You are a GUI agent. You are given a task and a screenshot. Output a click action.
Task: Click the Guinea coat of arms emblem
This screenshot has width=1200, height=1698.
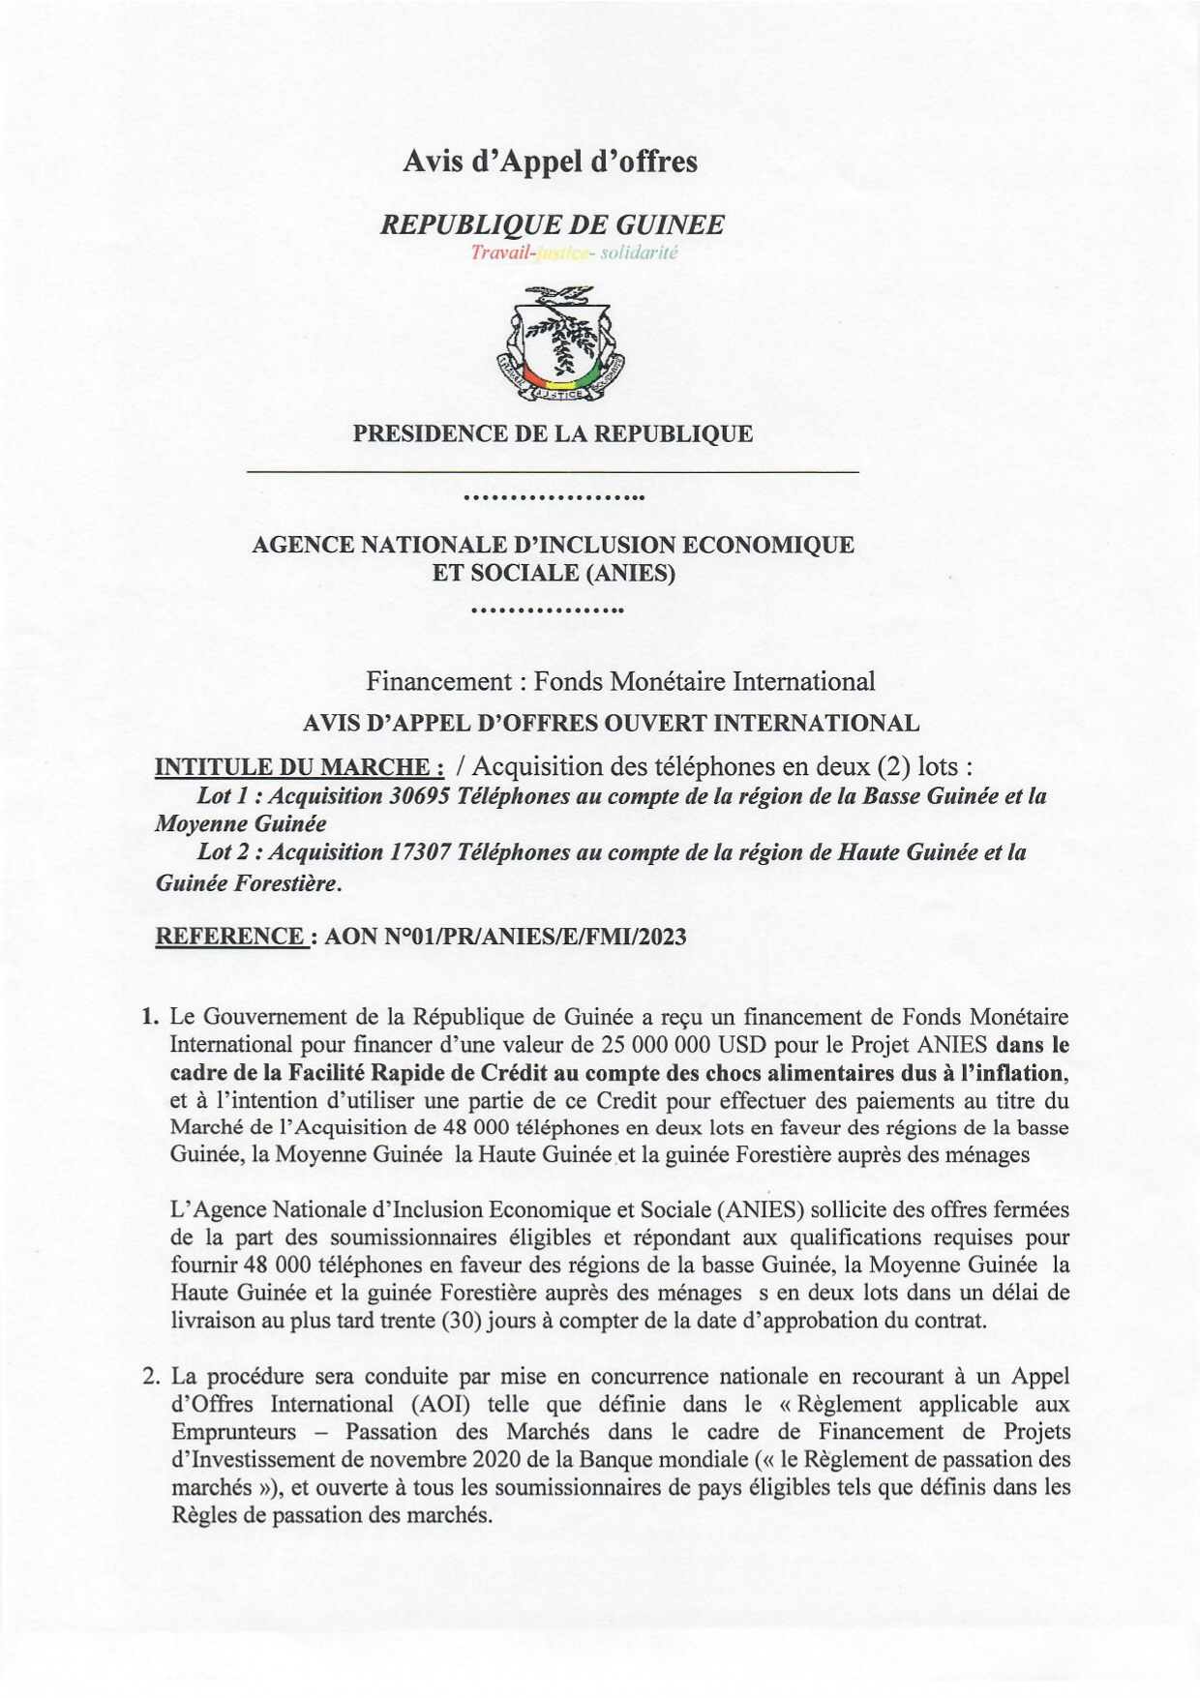(559, 344)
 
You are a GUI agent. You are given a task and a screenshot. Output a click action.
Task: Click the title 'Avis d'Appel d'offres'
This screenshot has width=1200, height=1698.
(550, 161)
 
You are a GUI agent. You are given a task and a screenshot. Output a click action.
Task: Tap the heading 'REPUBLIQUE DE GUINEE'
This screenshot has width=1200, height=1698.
(553, 225)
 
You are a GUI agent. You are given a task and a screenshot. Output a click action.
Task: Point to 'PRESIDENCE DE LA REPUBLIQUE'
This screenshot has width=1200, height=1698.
(553, 433)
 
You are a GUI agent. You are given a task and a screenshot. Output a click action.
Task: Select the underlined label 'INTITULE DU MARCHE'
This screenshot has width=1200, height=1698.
(299, 767)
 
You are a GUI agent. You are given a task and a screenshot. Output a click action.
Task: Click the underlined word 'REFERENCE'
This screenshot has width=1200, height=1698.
(230, 936)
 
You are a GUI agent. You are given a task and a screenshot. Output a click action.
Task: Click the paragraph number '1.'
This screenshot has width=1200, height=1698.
(149, 1017)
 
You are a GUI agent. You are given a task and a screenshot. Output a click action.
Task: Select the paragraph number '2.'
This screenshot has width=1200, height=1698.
(149, 1376)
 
